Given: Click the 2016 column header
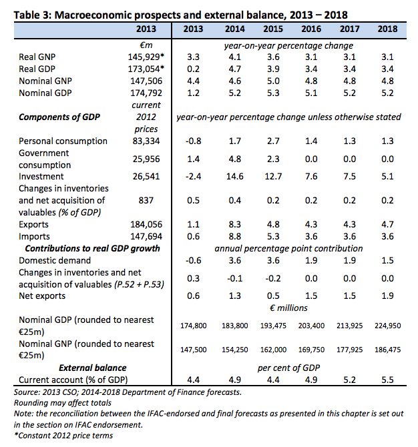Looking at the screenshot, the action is [x=311, y=29].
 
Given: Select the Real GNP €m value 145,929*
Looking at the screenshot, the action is [x=146, y=57].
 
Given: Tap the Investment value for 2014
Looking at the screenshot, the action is [x=235, y=176].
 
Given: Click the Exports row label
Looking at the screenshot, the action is [x=33, y=225].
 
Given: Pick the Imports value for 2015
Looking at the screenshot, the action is [x=273, y=237].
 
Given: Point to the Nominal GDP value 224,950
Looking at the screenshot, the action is [x=388, y=326].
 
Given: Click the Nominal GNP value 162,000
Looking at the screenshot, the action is [x=273, y=350].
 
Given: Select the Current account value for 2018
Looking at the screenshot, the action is [x=388, y=380].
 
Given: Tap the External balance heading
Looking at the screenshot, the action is [x=92, y=368].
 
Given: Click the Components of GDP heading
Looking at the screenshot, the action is [x=59, y=117].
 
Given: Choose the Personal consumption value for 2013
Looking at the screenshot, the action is [x=193, y=141].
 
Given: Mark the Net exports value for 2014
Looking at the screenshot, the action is [x=235, y=296].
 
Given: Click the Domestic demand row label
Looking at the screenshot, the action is [x=55, y=261].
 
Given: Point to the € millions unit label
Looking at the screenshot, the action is [x=288, y=308].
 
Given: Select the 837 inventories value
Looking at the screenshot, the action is [x=146, y=201].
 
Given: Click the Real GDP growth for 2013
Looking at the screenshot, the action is [x=193, y=69].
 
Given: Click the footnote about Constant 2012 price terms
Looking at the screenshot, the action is [x=63, y=436].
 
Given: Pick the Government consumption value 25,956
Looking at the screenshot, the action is [x=146, y=159].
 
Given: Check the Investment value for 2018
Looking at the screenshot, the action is [x=388, y=176].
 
